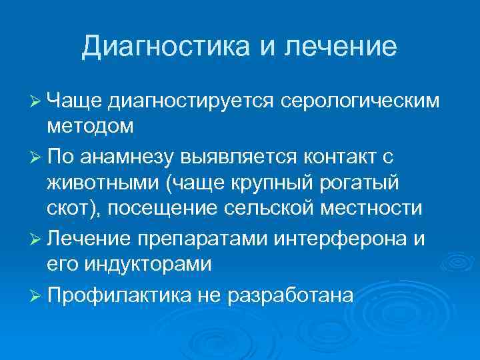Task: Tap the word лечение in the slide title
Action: click(341, 47)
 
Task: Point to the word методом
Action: click(90, 125)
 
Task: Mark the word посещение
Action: click(162, 208)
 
